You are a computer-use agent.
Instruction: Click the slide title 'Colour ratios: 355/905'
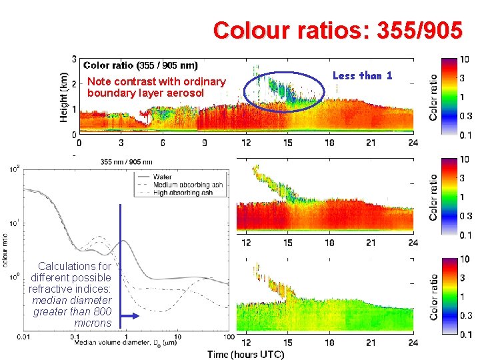tap(337, 31)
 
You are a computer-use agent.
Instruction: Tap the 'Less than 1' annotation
tap(362, 75)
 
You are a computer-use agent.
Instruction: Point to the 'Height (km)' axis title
tap(64, 96)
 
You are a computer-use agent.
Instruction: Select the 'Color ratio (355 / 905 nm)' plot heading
tap(140, 65)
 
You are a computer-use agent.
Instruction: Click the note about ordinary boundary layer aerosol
tap(156, 87)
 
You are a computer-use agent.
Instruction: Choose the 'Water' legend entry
tap(163, 177)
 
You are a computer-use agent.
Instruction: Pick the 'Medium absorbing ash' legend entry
tap(187, 184)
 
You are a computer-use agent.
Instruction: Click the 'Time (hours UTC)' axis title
tap(245, 353)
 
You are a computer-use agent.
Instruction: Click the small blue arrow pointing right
tap(130, 317)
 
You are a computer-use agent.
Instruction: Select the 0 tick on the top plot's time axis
tap(80, 142)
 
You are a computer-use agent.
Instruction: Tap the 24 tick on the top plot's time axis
tap(413, 142)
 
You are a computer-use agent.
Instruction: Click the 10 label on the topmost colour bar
tap(464, 59)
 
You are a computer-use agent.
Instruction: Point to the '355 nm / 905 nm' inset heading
tap(126, 161)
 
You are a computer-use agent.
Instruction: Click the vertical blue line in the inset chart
tap(121, 267)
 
